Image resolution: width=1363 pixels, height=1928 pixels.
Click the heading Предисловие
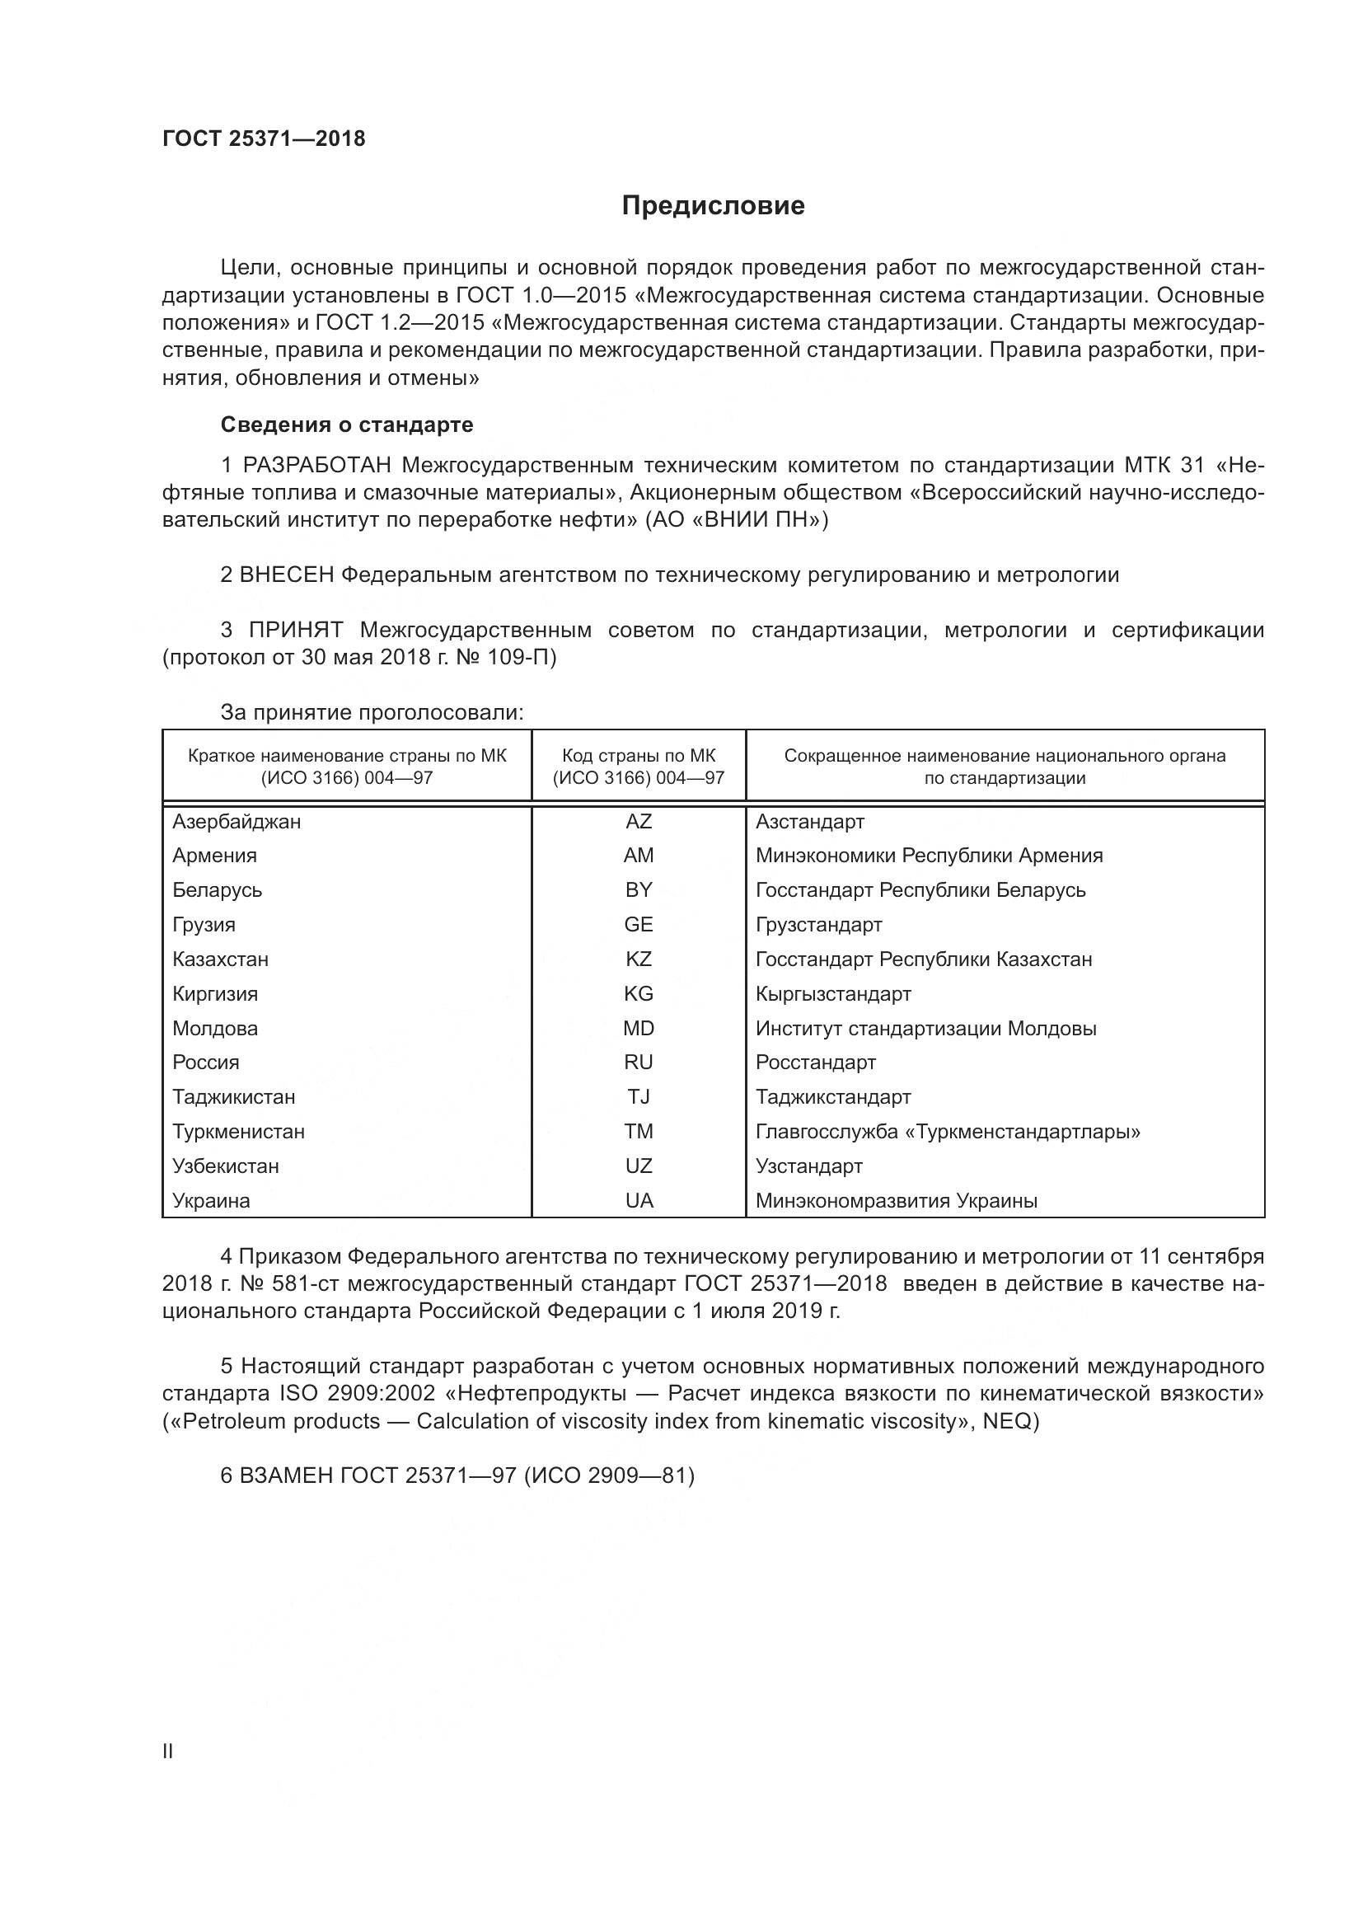[713, 206]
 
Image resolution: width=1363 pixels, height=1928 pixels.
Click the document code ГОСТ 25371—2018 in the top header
[264, 139]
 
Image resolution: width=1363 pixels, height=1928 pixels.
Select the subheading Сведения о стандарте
[347, 425]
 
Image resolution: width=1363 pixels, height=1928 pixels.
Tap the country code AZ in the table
[638, 821]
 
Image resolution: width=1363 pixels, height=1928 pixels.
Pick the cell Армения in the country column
[215, 856]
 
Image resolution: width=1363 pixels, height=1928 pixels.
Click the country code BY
[638, 890]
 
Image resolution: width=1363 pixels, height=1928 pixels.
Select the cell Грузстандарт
[818, 925]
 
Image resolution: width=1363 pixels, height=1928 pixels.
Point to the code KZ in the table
[638, 959]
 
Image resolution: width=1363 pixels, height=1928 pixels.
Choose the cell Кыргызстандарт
[832, 994]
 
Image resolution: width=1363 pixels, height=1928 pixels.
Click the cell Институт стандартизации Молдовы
[925, 1029]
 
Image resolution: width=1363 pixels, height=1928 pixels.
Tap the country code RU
[638, 1063]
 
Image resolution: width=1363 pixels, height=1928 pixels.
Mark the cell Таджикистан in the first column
[233, 1096]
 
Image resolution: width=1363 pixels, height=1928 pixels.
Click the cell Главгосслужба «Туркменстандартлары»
[948, 1132]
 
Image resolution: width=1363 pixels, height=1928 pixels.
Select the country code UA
[639, 1201]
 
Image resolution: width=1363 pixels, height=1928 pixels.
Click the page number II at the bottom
[168, 1752]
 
